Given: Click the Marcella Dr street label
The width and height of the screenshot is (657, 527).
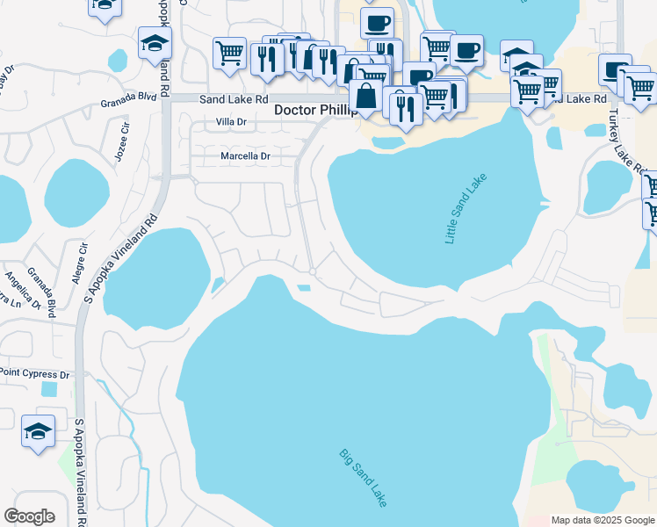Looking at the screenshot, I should pyautogui.click(x=245, y=156).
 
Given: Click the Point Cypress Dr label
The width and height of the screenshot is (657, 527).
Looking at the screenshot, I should pyautogui.click(x=34, y=374).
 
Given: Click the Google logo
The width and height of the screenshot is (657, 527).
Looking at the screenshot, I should pyautogui.click(x=29, y=516).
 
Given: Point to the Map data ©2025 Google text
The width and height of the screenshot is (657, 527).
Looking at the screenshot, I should pyautogui.click(x=603, y=520).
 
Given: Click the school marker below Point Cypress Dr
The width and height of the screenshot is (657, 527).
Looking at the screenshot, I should pyautogui.click(x=39, y=432).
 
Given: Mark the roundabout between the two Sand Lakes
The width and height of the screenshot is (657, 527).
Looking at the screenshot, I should pyautogui.click(x=312, y=273).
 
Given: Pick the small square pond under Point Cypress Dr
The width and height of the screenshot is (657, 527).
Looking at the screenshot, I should pyautogui.click(x=48, y=388).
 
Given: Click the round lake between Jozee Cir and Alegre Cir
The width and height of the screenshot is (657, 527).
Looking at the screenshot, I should pyautogui.click(x=76, y=194).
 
